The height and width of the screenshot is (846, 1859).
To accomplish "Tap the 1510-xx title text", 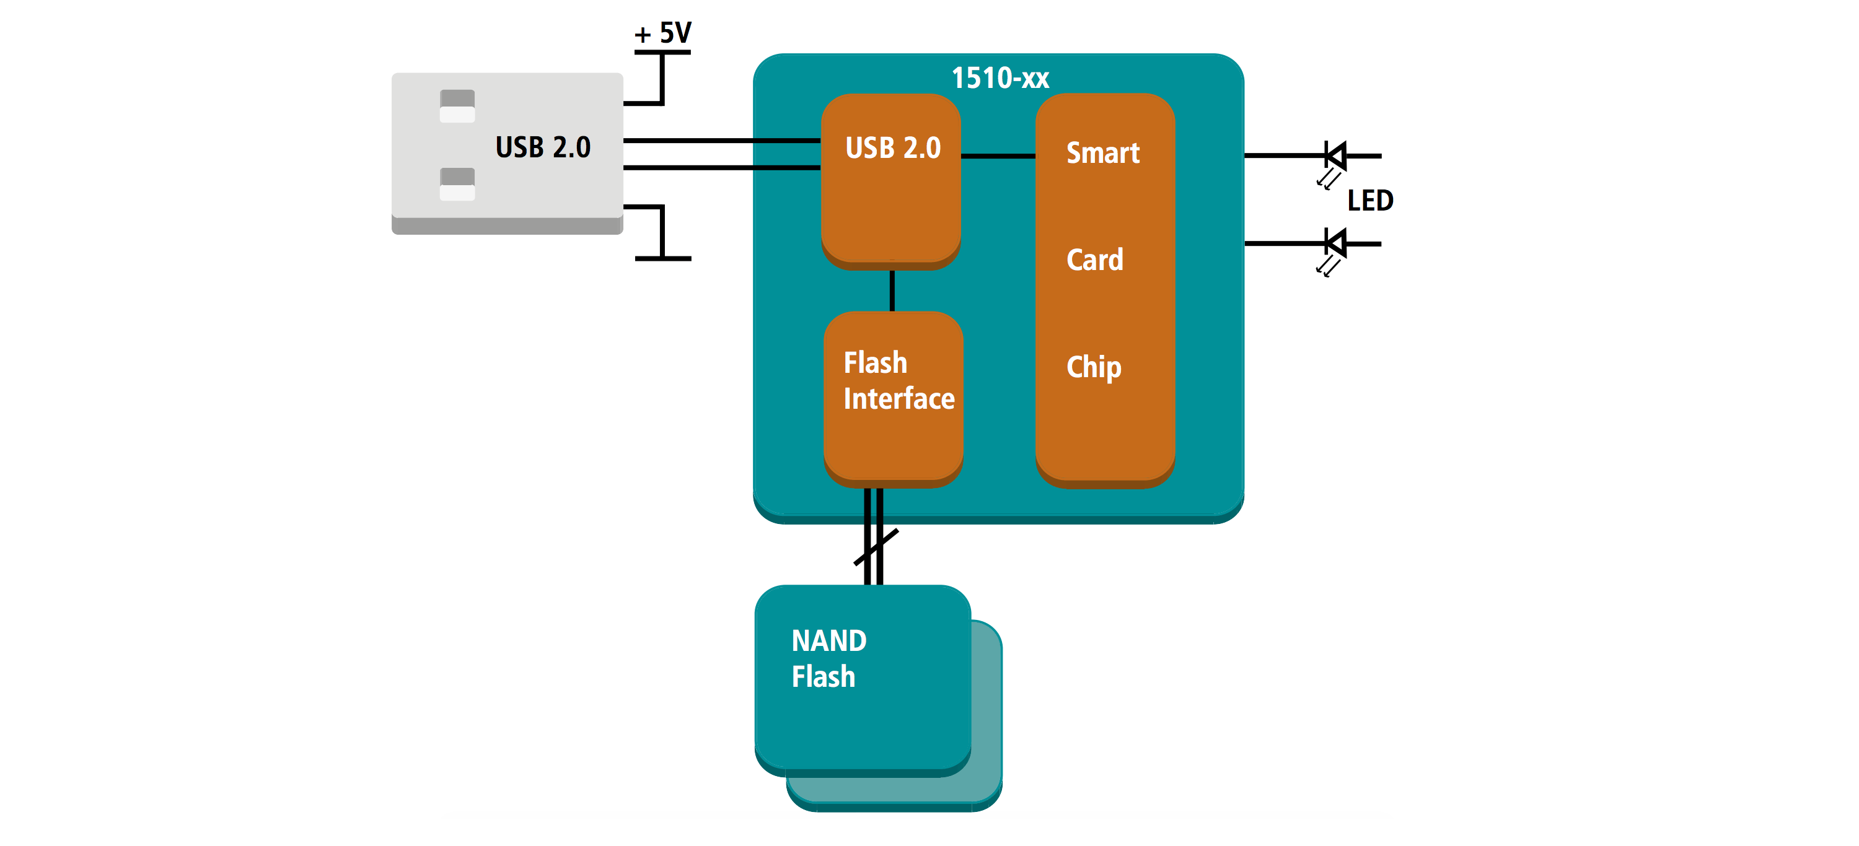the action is pyautogui.click(x=1000, y=78).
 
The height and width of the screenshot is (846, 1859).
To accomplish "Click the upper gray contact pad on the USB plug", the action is pyautogui.click(x=457, y=106).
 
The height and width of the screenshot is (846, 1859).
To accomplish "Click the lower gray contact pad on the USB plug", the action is pyautogui.click(x=457, y=184).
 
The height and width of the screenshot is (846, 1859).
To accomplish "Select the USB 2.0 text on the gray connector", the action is pyautogui.click(x=543, y=147).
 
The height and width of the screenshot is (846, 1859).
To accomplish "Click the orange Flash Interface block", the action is pyautogui.click(x=894, y=399).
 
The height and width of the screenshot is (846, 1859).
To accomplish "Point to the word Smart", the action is pyautogui.click(x=1103, y=153).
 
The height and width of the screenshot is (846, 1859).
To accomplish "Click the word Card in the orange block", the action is pyautogui.click(x=1095, y=259).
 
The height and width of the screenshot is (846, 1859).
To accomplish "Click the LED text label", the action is pyautogui.click(x=1369, y=201).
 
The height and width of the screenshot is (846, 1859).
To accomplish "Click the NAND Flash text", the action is pyautogui.click(x=828, y=658).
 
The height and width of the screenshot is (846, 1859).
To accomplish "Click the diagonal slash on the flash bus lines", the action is pyautogui.click(x=876, y=547).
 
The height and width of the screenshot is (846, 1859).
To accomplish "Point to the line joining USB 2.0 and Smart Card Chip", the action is pyautogui.click(x=998, y=156).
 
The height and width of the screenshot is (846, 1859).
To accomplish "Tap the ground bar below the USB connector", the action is pyautogui.click(x=662, y=258).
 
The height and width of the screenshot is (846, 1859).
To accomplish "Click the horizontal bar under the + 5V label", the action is pyautogui.click(x=662, y=52).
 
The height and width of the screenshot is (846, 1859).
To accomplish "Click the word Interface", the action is pyautogui.click(x=899, y=399).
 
